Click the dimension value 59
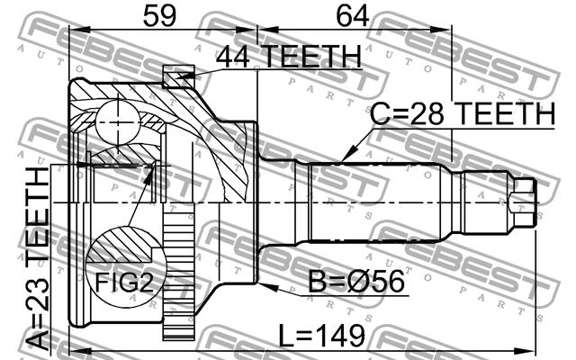coord(160,16)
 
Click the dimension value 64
coord(353,16)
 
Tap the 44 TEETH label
coord(289,56)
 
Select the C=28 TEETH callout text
coord(463,113)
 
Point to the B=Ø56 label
coord(356,282)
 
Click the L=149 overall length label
coord(322,335)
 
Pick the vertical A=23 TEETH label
coord(38,258)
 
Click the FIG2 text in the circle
coord(124,282)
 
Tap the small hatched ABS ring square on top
coord(178,76)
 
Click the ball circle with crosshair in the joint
coord(118,123)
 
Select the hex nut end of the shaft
coord(523,202)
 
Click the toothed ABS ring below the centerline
coord(178,272)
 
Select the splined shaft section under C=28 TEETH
coord(375,202)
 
